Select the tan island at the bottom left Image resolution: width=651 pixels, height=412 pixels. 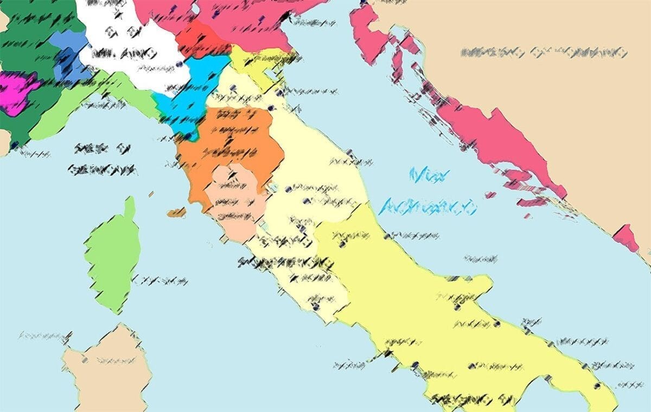click(x=106, y=369)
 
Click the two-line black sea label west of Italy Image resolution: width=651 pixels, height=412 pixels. click(x=103, y=160)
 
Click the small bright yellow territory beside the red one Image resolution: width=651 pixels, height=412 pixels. click(x=255, y=65)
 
